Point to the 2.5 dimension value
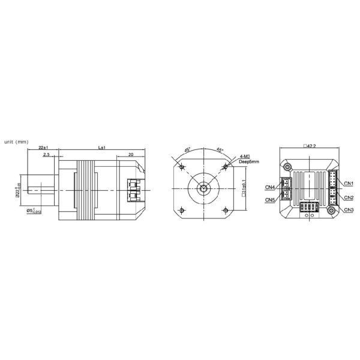click(46, 155)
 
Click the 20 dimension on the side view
click(130, 155)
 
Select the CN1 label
click(349, 182)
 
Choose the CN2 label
click(349, 197)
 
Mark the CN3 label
click(349, 209)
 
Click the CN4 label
click(270, 186)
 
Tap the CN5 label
click(270, 199)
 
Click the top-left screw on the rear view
click(288, 166)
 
